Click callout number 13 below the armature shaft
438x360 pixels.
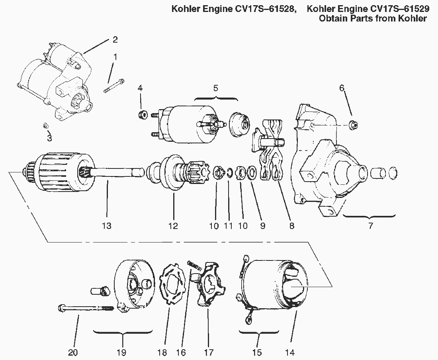(106, 226)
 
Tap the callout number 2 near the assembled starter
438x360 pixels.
(115, 39)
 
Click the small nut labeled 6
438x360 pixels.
(352, 125)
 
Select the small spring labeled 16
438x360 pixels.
(193, 264)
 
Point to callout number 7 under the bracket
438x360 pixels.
(370, 226)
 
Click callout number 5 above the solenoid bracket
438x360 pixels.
(215, 88)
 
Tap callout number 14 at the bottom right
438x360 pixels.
(290, 352)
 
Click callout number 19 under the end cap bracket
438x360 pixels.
(121, 352)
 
